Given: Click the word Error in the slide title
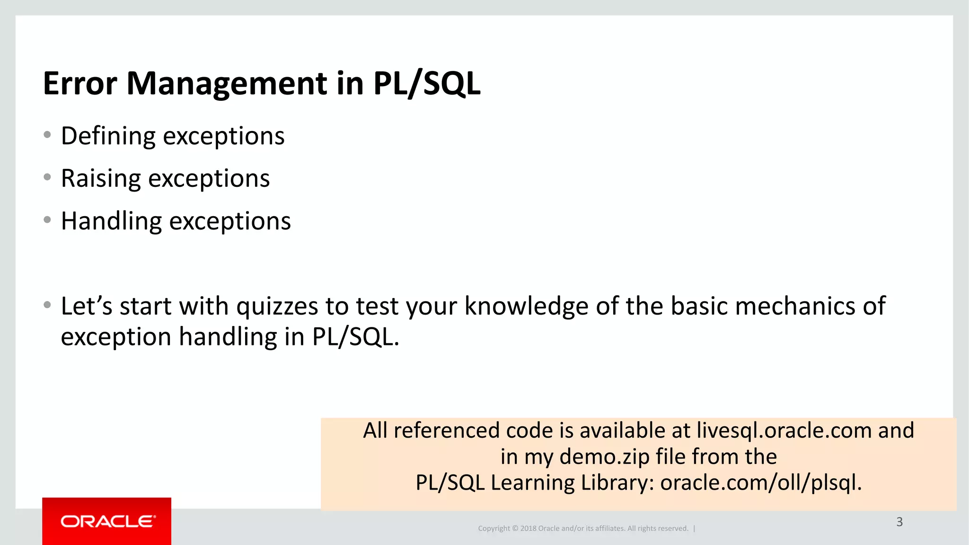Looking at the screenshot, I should (79, 84).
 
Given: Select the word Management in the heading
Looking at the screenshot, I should (227, 84).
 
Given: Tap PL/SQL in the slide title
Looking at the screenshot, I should (426, 84).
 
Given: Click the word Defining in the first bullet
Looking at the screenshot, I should (108, 136).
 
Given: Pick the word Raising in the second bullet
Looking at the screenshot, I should (101, 179).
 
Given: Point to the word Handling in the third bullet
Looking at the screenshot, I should (111, 221).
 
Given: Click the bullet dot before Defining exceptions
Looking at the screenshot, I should (47, 135).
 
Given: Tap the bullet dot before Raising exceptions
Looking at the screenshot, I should (47, 177).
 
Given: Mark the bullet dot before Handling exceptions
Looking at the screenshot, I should (47, 220).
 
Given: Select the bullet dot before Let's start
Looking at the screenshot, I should (47, 305).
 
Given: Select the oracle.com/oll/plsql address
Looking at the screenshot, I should (761, 483).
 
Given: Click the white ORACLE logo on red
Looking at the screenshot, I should (107, 521).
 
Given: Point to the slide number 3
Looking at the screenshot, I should (899, 522).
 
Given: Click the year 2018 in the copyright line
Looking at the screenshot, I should (528, 528).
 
